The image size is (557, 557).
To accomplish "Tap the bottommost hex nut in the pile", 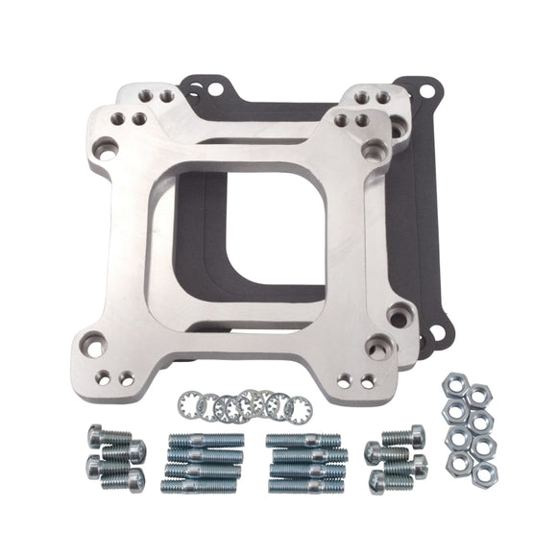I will pos(486,471).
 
